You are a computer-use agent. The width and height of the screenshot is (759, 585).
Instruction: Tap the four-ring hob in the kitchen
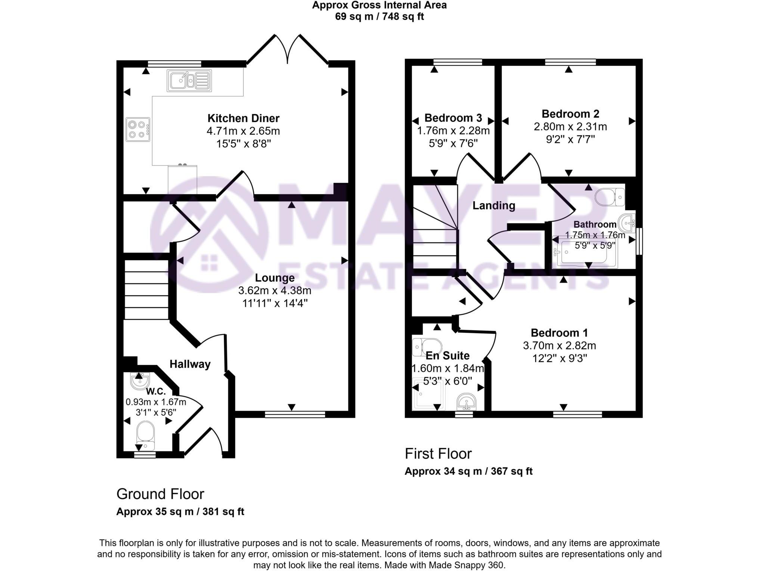tap(137, 129)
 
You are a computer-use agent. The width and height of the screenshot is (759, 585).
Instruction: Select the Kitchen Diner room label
tap(243, 118)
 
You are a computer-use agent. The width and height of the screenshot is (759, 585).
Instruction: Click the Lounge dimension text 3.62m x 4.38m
tap(275, 290)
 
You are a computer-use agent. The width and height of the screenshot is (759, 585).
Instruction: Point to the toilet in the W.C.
tap(145, 435)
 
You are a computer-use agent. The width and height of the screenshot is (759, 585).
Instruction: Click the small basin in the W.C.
tap(140, 381)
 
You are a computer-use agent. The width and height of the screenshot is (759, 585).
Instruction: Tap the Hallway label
tap(190, 364)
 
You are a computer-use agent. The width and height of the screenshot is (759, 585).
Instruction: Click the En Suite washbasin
tap(466, 402)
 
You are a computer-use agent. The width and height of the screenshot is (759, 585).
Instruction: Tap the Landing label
tap(493, 205)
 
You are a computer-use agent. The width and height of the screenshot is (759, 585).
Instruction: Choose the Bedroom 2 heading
tap(570, 114)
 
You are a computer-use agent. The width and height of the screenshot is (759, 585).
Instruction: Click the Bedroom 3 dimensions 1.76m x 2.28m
tap(453, 131)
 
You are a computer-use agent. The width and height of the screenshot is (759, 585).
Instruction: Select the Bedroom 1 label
tap(559, 332)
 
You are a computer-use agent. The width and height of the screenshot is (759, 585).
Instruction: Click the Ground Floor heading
tap(160, 494)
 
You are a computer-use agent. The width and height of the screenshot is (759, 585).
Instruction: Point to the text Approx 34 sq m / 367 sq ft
tap(468, 471)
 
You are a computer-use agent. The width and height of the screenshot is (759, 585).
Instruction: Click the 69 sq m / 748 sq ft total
tap(379, 17)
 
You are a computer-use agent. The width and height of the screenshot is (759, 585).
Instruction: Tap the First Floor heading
tap(438, 454)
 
